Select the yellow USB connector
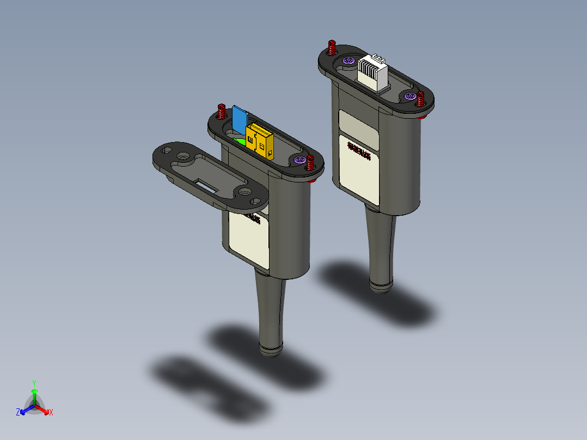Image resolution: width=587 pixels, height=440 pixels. click(x=259, y=141)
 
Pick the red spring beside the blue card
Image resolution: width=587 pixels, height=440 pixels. click(x=222, y=112)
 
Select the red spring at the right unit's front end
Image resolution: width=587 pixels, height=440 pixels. click(x=421, y=99)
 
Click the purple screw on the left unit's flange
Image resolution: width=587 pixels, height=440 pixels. click(x=298, y=160)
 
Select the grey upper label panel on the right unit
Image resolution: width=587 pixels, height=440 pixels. click(x=358, y=128)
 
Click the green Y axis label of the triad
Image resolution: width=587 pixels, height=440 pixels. click(x=34, y=383)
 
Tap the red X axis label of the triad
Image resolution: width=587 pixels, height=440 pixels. click(x=51, y=413)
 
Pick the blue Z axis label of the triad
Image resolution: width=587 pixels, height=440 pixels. click(x=18, y=413)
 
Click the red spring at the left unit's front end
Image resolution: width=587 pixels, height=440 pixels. click(x=310, y=163)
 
